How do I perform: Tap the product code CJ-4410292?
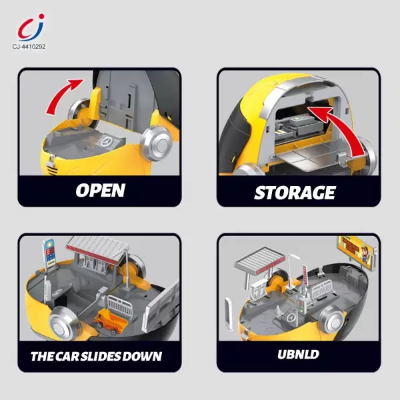[29, 47]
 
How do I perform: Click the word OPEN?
[100, 190]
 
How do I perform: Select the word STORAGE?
[295, 193]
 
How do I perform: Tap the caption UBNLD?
[298, 355]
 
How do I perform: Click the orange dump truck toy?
[111, 321]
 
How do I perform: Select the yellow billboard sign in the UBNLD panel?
[357, 252]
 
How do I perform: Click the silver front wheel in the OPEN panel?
[157, 143]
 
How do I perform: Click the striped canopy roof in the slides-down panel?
[97, 249]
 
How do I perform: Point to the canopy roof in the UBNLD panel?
[260, 258]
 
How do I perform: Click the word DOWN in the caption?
[142, 357]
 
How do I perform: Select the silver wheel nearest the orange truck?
[63, 324]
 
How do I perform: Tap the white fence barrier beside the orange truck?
[121, 307]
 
